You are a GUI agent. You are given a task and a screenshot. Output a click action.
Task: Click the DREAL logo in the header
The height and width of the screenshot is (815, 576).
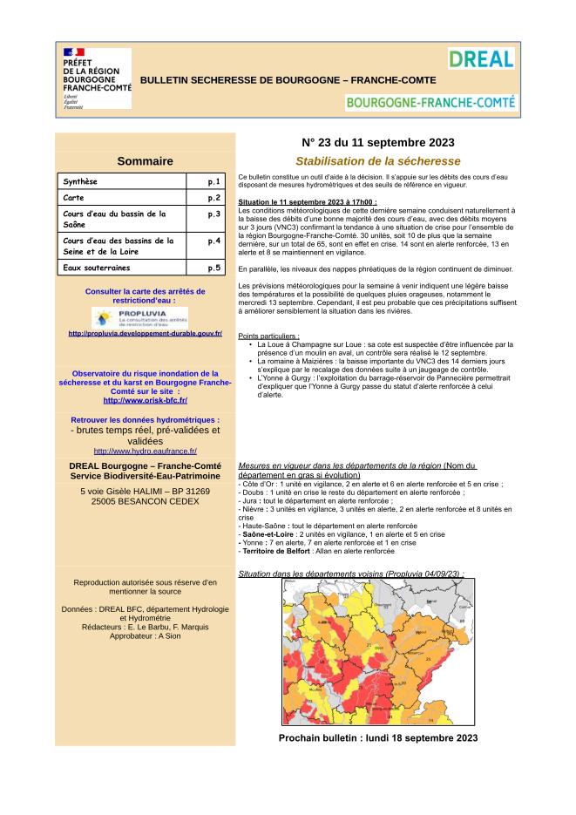[481, 58]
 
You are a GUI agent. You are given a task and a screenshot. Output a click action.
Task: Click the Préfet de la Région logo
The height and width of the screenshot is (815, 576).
[95, 78]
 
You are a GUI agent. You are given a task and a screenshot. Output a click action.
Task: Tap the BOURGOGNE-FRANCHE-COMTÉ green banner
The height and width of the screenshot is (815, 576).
[430, 102]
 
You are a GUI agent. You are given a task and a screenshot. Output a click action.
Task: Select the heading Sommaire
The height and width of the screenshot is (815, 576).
[145, 160]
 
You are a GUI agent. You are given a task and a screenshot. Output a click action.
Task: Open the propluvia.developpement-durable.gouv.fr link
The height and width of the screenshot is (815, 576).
[145, 333]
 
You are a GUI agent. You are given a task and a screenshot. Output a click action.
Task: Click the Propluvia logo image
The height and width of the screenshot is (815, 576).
[145, 316]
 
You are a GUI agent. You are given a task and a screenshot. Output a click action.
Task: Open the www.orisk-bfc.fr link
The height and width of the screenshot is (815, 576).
[145, 400]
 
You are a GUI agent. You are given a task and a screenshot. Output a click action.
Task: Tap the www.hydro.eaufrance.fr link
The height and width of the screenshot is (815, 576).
[145, 451]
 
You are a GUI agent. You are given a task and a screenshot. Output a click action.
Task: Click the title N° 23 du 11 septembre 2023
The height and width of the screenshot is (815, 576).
[377, 142]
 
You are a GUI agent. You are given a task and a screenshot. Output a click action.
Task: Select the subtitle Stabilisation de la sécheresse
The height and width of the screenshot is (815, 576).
[377, 161]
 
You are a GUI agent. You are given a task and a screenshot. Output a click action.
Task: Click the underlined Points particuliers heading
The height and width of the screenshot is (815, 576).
[268, 336]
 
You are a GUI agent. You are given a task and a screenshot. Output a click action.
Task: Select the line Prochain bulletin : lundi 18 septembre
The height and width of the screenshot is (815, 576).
[377, 737]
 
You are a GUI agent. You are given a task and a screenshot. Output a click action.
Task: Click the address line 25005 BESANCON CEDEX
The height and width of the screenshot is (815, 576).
[145, 502]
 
